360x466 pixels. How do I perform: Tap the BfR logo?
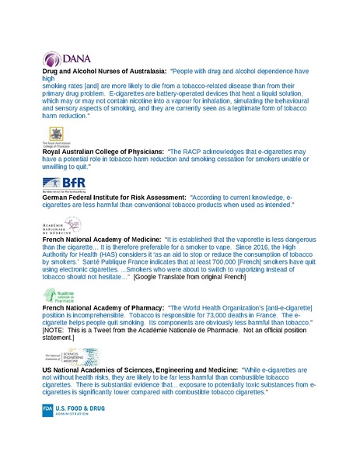pyautogui.click(x=65, y=184)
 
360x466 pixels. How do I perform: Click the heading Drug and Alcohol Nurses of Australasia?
pyautogui.click(x=103, y=71)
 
